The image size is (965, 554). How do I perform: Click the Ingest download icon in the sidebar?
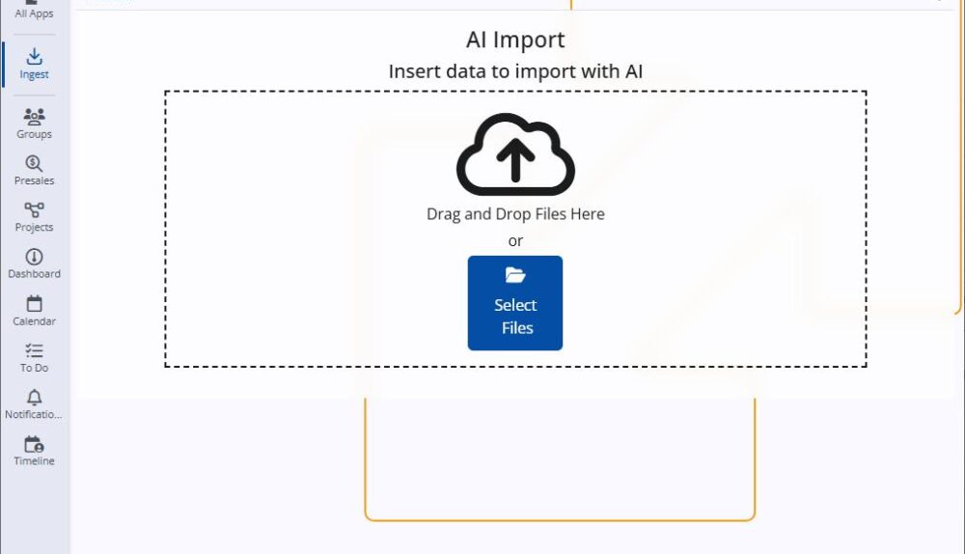[x=34, y=56]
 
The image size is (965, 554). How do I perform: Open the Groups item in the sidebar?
[x=34, y=116]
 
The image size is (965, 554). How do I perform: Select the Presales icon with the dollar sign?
[x=34, y=163]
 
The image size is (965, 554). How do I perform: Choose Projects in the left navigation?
[x=34, y=209]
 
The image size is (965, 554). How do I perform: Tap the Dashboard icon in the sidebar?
[x=34, y=257]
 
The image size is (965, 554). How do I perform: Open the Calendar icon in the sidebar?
[x=34, y=303]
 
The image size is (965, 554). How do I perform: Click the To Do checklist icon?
[x=34, y=350]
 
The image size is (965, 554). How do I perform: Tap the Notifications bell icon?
[x=34, y=397]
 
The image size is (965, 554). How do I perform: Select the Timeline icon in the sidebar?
[x=34, y=444]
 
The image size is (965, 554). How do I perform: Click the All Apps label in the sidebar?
[x=34, y=14]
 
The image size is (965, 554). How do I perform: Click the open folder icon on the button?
[x=515, y=276]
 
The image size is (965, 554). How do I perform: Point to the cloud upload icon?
[x=515, y=154]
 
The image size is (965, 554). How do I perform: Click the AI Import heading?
[x=515, y=40]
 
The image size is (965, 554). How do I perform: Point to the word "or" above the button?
[x=515, y=240]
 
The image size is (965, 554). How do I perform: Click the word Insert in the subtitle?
[x=412, y=71]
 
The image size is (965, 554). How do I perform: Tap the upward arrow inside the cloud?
[x=515, y=160]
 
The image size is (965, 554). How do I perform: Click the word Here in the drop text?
[x=588, y=214]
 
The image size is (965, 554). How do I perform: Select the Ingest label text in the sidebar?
[x=34, y=74]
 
